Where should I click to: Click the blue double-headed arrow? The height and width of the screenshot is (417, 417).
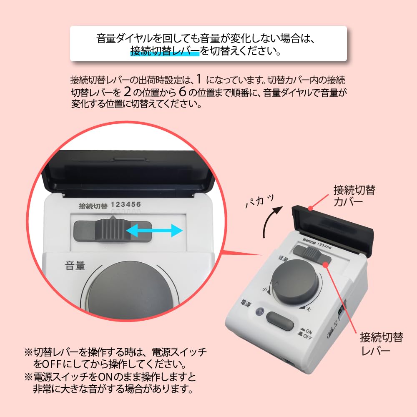[x=154, y=230]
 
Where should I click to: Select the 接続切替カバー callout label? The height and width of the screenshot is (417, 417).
[x=354, y=196]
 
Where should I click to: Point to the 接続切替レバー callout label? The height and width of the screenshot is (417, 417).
[x=381, y=344]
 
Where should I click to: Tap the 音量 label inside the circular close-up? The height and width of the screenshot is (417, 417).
[x=75, y=266]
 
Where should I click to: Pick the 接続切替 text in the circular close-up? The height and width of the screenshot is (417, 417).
[x=93, y=206]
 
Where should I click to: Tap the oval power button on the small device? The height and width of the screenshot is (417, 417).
[x=280, y=321]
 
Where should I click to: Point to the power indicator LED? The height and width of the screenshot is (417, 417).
[x=261, y=311]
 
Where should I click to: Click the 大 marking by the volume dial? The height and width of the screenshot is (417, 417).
[x=308, y=309]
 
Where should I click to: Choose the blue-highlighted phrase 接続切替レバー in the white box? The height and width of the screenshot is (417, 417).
[x=165, y=52]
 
